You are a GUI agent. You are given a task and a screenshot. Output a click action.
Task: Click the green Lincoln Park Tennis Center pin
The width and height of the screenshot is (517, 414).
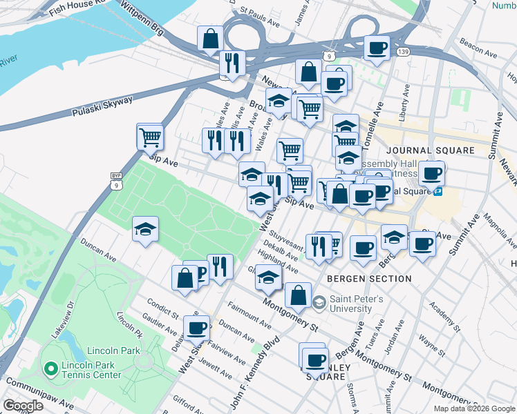(50, 369)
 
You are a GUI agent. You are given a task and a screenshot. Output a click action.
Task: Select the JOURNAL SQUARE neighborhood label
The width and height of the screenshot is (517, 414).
(430, 150)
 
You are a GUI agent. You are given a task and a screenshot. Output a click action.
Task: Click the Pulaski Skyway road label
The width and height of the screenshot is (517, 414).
(102, 106)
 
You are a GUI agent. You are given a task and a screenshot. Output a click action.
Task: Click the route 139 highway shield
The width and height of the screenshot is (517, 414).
(404, 52)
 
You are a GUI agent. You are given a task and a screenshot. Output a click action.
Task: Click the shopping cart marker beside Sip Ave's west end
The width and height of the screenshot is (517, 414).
(149, 138)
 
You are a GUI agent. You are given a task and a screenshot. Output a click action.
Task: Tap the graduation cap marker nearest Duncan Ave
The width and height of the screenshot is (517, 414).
(146, 230)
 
